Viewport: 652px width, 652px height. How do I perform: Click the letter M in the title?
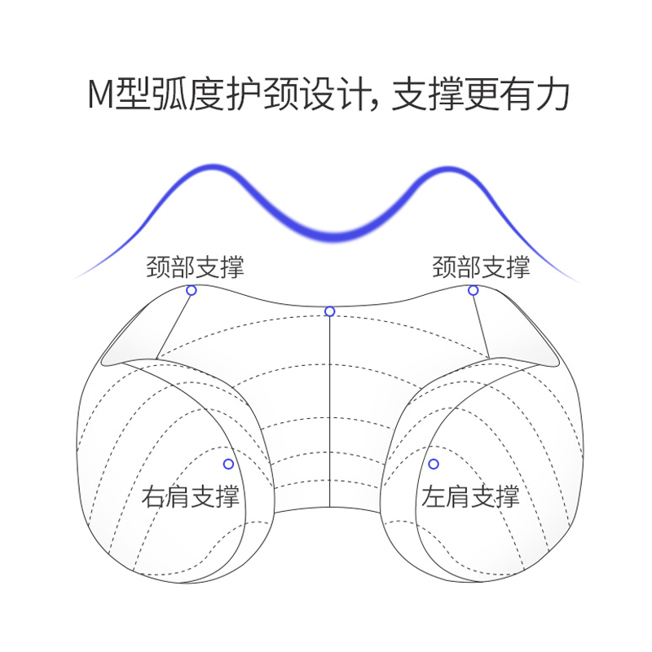[x=100, y=95]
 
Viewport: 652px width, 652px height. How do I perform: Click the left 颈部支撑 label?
[x=195, y=267]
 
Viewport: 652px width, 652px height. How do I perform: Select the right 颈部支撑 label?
[x=481, y=267]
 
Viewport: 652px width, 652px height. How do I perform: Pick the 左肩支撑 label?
[x=470, y=496]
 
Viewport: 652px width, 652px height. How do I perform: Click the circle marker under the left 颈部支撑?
[x=192, y=290]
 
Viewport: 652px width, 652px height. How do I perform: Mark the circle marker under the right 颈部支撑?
[x=473, y=290]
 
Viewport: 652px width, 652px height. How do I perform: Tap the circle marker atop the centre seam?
[x=329, y=311]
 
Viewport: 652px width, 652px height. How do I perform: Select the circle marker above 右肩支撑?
[x=228, y=464]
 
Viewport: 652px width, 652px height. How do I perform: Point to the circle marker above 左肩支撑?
[x=434, y=464]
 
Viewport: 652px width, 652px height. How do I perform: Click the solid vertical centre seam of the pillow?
[x=329, y=407]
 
